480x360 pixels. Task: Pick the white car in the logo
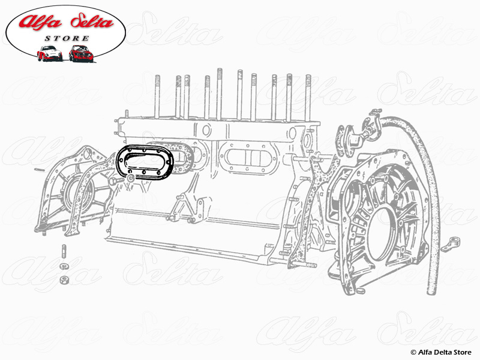point(49,54)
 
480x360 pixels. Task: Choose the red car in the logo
point(80,53)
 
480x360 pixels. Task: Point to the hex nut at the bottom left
point(62,280)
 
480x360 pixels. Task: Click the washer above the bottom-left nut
point(62,266)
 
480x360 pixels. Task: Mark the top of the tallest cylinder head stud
point(220,71)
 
